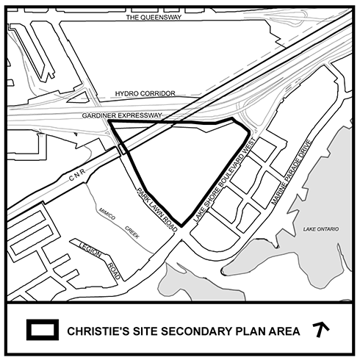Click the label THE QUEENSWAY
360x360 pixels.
click(x=154, y=17)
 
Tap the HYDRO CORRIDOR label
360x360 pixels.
click(x=145, y=93)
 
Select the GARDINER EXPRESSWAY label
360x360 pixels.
click(x=122, y=115)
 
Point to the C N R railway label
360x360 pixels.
click(x=77, y=175)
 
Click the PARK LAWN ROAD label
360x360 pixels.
click(x=156, y=209)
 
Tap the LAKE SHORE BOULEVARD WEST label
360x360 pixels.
click(x=225, y=180)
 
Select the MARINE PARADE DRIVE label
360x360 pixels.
click(x=292, y=172)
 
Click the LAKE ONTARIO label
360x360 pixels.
click(x=321, y=229)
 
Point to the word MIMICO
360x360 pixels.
click(x=107, y=214)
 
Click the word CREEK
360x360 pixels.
click(x=132, y=232)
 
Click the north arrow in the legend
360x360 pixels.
click(x=320, y=329)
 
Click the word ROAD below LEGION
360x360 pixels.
click(x=114, y=271)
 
